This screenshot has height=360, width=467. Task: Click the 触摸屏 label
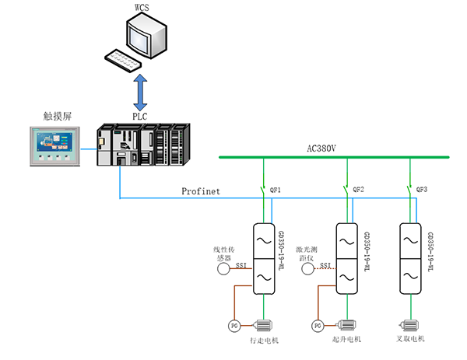point(56,116)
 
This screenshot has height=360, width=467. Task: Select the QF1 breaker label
point(275,190)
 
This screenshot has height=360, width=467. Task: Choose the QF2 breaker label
point(357,190)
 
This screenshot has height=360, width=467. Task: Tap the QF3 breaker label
point(421,190)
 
